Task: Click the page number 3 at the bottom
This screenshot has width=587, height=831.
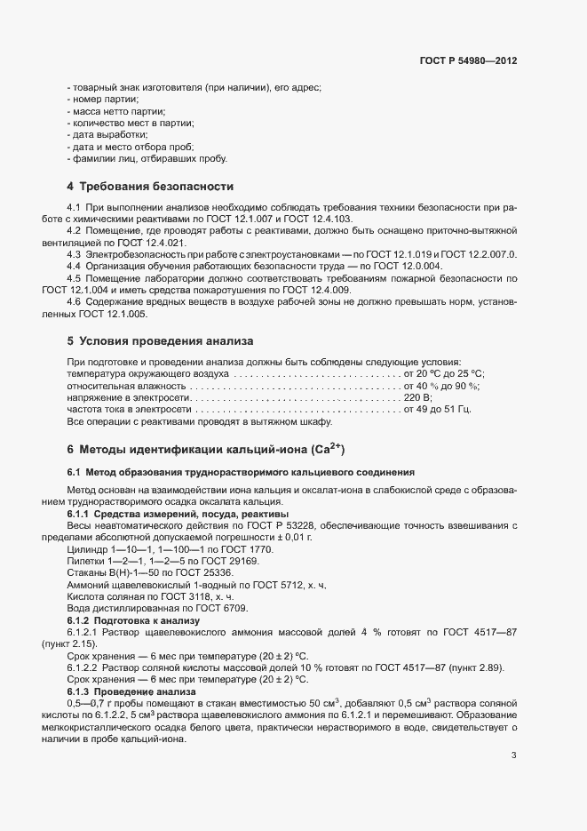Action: pyautogui.click(x=513, y=731)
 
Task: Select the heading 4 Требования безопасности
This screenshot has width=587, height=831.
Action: pyautogui.click(x=150, y=187)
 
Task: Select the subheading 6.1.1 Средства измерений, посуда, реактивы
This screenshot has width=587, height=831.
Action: pyautogui.click(x=178, y=515)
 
